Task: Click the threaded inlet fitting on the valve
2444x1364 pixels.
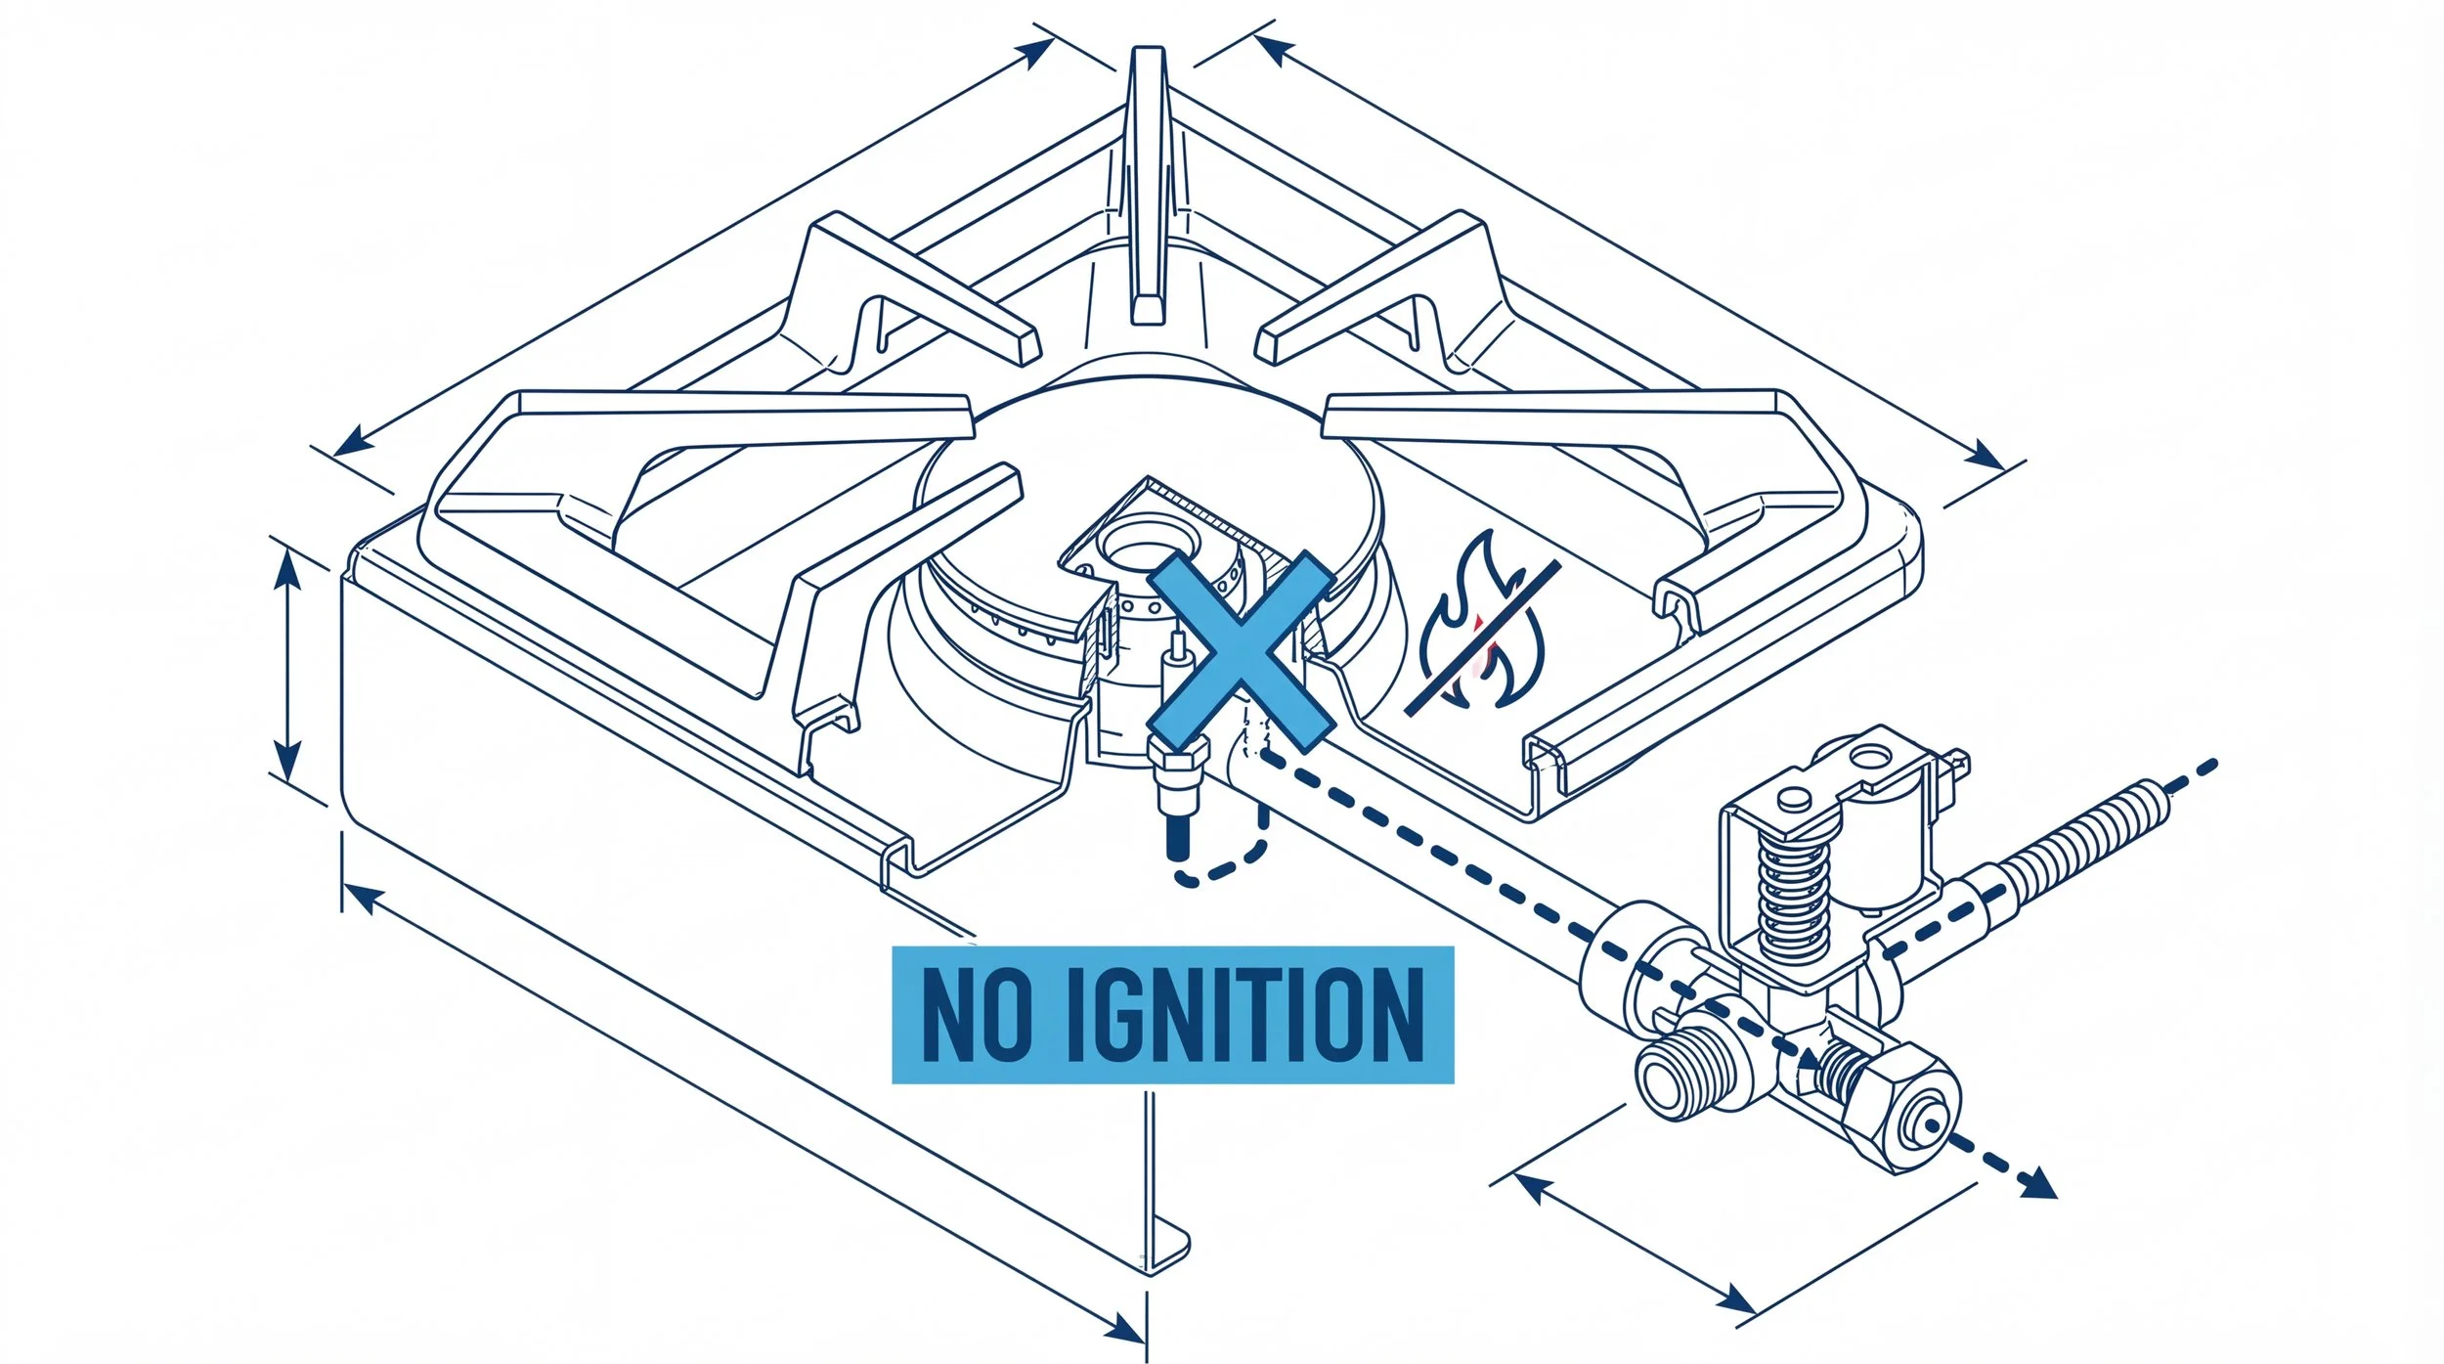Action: coord(1672,1080)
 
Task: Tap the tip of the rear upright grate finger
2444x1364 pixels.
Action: coord(1148,59)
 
